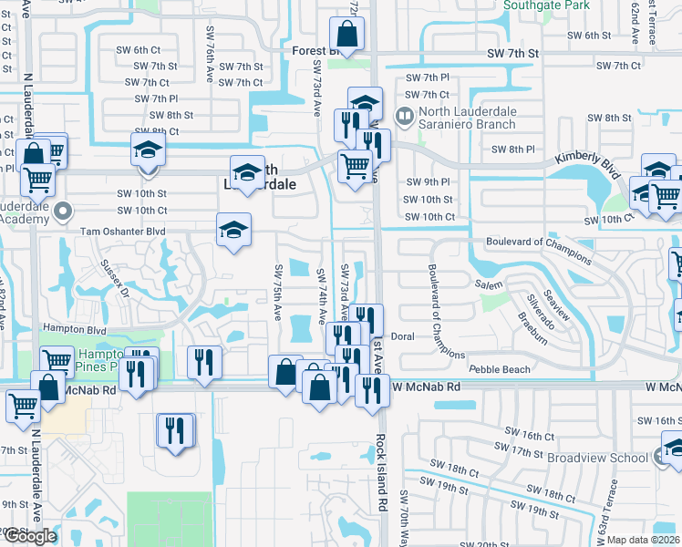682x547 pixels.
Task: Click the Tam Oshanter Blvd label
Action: [123, 232]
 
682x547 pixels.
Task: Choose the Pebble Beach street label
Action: [499, 369]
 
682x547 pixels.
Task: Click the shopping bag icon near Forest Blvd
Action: [347, 36]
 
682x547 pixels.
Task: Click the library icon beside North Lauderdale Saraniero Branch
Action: [403, 117]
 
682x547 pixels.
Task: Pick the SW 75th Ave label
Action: [277, 292]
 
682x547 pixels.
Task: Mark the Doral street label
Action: [403, 336]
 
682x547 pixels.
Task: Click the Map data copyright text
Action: [643, 540]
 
